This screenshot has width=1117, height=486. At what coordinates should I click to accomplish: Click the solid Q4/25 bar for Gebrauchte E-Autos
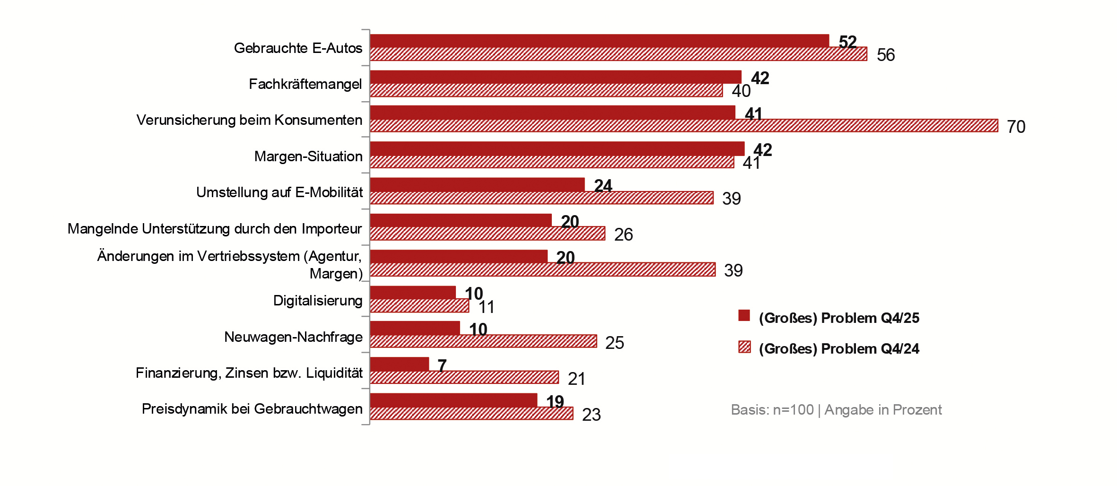pos(599,41)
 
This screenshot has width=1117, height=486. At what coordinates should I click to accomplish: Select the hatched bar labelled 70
pos(684,126)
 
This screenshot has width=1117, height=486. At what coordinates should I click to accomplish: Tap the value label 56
pos(885,55)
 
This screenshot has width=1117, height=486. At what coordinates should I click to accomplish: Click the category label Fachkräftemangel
pos(305,84)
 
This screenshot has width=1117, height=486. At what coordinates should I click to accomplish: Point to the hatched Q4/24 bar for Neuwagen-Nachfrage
pos(483,341)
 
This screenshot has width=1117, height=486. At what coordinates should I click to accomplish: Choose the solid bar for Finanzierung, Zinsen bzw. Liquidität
pos(399,364)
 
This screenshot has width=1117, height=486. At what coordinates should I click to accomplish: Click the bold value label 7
pos(442,365)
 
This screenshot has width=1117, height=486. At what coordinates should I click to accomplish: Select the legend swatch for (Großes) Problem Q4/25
pos(744,316)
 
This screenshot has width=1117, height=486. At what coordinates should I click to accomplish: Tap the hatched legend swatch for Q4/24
pos(744,347)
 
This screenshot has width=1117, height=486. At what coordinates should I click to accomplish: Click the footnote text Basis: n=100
pos(772,409)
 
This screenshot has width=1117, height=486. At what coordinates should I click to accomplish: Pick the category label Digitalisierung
pos(317,301)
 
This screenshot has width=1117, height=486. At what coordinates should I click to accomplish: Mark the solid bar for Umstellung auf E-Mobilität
pos(477,184)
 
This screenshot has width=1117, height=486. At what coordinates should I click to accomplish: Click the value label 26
pos(623,234)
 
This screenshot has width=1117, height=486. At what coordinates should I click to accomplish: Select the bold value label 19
pos(555,402)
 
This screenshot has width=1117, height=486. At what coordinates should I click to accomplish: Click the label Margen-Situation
pos(308,156)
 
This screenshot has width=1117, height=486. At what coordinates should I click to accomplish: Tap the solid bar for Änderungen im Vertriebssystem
pos(458,256)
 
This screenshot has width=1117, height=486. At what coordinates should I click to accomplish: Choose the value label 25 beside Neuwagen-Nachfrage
pos(614,343)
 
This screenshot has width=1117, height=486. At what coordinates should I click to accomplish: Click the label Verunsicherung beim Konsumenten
pos(249,120)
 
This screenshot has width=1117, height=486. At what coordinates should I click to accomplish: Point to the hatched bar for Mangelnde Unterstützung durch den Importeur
pos(487,234)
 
